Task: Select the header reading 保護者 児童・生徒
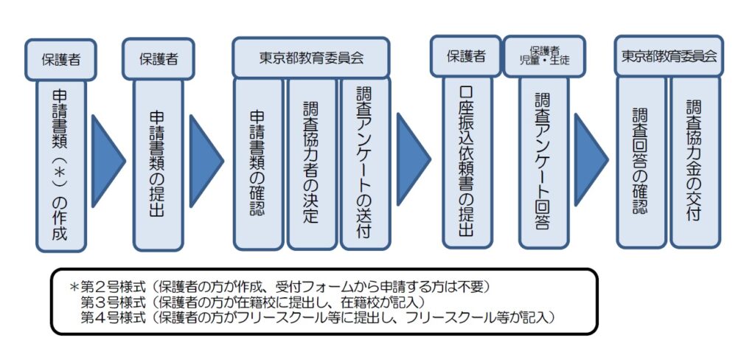[543, 56]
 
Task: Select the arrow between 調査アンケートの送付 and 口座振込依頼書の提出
[413, 155]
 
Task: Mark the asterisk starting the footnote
[74, 286]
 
